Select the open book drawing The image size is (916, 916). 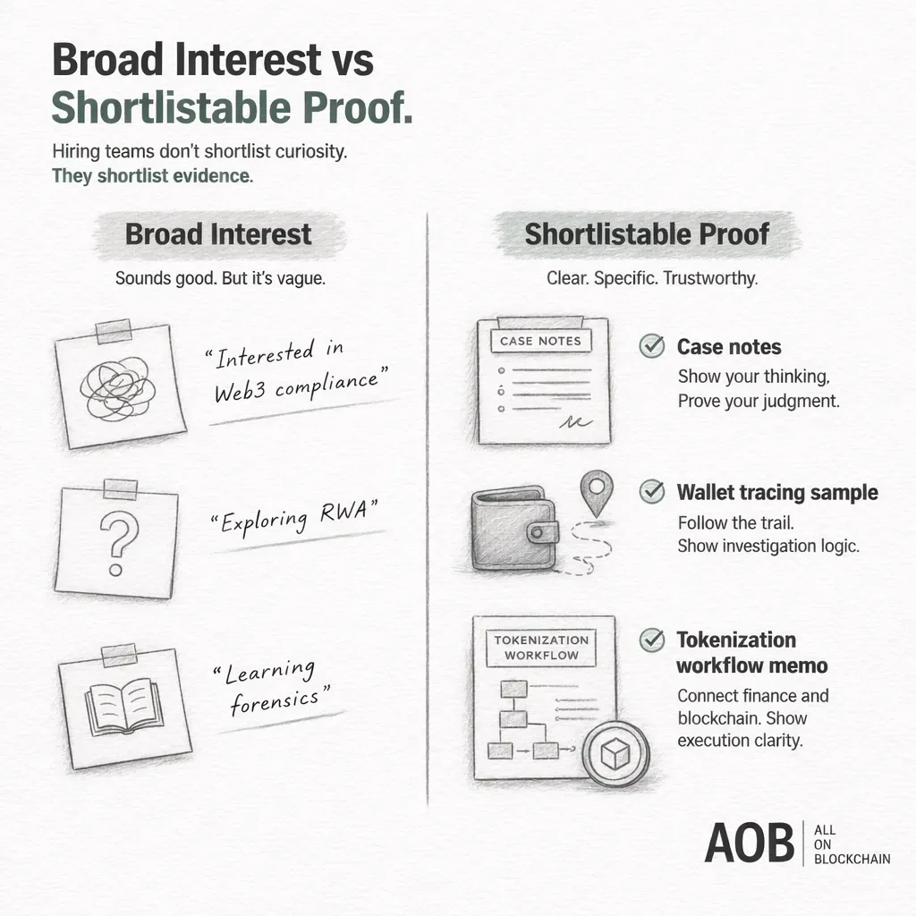tap(123, 706)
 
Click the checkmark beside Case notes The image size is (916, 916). tap(652, 346)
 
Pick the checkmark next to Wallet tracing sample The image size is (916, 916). tap(652, 491)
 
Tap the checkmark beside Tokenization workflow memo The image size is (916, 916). tap(652, 640)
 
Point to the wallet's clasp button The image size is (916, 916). tap(538, 532)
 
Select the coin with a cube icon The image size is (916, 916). tap(615, 753)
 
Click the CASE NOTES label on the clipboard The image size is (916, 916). tap(541, 341)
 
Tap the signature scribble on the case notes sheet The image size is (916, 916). tap(575, 421)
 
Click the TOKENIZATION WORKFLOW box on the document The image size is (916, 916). tap(541, 648)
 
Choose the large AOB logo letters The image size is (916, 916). tap(750, 843)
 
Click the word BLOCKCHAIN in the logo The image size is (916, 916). tap(852, 859)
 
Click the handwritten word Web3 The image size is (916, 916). tap(240, 390)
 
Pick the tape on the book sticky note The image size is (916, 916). tap(119, 656)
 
